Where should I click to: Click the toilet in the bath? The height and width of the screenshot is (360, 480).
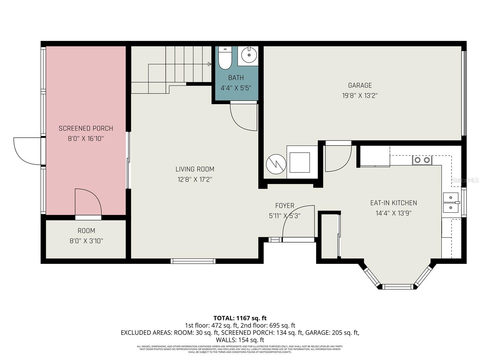click(x=225, y=58)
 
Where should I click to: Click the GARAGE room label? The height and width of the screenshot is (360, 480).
click(x=360, y=85)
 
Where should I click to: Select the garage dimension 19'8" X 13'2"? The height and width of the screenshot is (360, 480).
click(x=360, y=96)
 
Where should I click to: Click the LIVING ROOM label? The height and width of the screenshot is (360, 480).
click(x=195, y=169)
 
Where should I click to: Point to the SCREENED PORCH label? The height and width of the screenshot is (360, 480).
click(x=86, y=128)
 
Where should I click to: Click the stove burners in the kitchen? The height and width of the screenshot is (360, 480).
click(x=422, y=160)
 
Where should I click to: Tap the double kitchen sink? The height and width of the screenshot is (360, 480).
click(x=451, y=202)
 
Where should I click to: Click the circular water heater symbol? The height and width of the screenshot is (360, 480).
click(x=276, y=164)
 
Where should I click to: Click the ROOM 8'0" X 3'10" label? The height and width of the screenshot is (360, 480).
click(x=86, y=235)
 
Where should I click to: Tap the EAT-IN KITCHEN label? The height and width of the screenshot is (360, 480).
click(x=393, y=203)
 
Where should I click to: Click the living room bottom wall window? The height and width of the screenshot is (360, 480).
click(x=193, y=261)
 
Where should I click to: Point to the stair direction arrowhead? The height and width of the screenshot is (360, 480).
click(x=209, y=64)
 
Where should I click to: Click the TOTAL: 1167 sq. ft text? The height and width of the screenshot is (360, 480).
click(x=240, y=318)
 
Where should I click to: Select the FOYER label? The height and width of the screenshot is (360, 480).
click(x=285, y=206)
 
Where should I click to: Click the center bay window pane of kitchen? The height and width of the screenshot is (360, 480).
click(x=398, y=287)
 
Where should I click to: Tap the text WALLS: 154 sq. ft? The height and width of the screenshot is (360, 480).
click(x=240, y=340)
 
